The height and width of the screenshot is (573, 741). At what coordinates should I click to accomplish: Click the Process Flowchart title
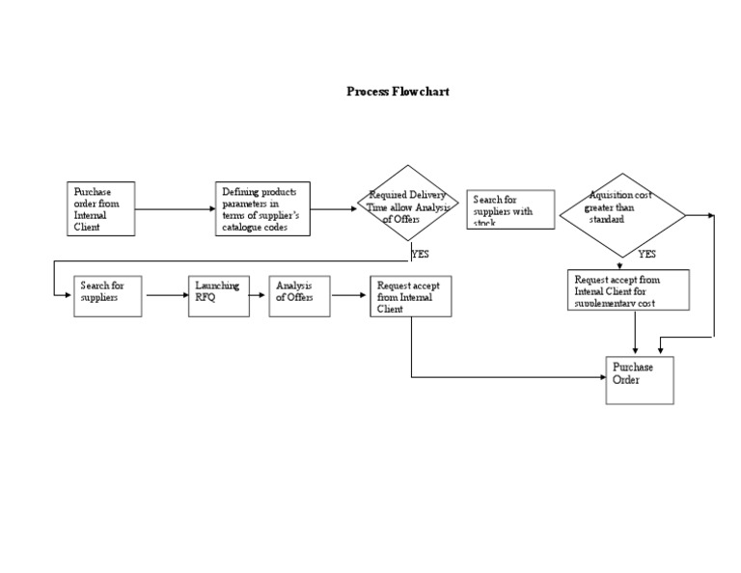click(398, 92)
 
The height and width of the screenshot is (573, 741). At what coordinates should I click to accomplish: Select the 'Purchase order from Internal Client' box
click(101, 208)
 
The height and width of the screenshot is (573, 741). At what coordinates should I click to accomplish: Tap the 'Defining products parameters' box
click(262, 208)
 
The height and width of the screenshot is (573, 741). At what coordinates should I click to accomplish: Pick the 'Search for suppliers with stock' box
click(510, 209)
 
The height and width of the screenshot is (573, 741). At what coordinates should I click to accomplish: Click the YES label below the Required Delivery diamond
click(421, 254)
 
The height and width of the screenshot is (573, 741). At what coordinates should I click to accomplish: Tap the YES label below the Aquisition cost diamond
click(647, 254)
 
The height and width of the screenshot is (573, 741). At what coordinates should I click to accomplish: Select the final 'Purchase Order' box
click(639, 379)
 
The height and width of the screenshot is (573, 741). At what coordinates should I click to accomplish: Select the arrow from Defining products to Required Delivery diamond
click(334, 208)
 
